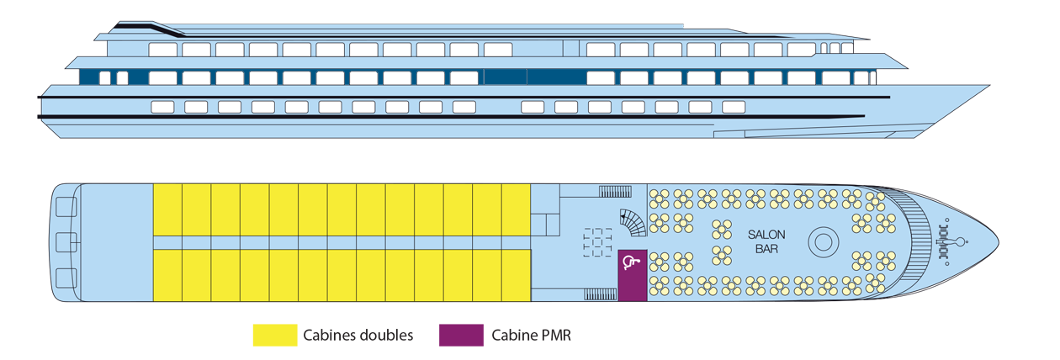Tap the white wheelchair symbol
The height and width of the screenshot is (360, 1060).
(629, 262)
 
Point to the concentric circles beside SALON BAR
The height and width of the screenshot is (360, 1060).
(824, 242)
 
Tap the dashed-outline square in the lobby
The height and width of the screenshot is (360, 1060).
(597, 242)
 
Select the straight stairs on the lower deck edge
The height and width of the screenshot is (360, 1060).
(601, 294)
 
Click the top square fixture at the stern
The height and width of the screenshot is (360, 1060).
(64, 209)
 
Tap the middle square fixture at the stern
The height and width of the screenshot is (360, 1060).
(64, 242)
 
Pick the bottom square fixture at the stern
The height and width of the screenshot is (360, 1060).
(64, 276)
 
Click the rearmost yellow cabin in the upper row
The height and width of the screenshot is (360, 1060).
(167, 210)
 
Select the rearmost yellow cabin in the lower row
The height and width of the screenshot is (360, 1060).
(167, 275)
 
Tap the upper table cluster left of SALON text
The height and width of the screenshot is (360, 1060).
(722, 230)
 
